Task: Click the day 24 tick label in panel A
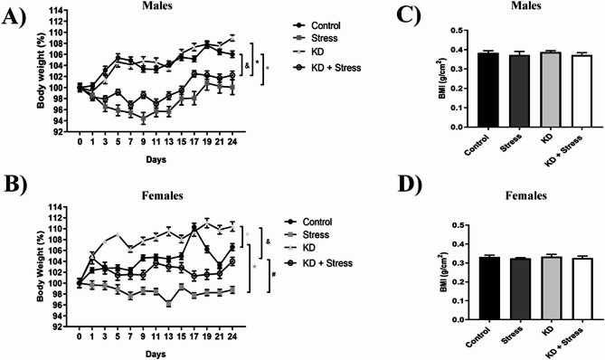click(x=233, y=141)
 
